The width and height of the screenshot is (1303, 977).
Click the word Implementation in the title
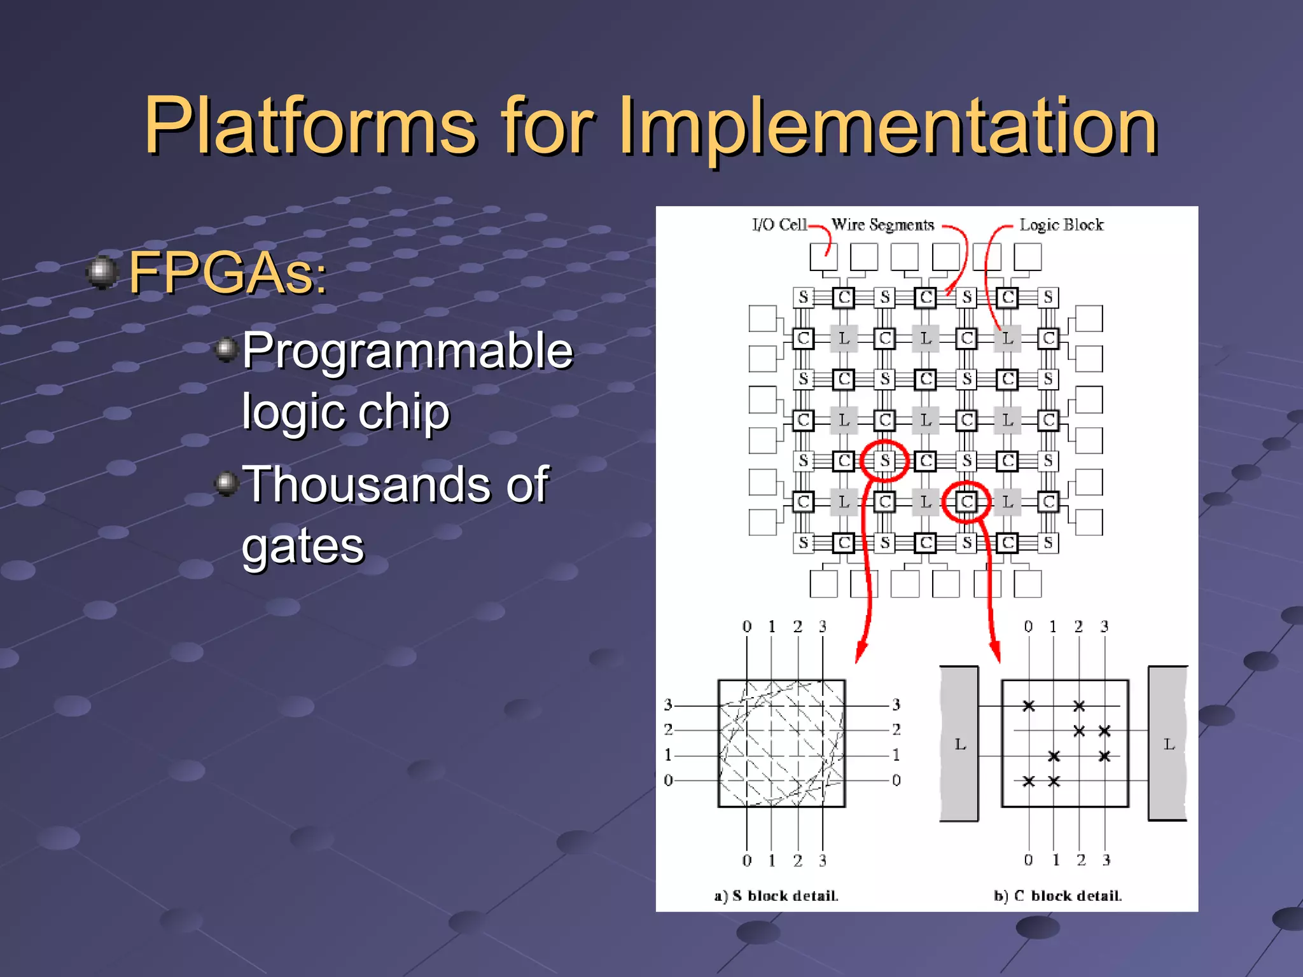pyautogui.click(x=888, y=125)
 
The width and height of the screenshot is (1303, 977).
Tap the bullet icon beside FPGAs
pyautogui.click(x=102, y=272)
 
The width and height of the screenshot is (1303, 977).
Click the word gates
pyautogui.click(x=303, y=545)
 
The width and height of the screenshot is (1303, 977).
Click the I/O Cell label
pyautogui.click(x=779, y=225)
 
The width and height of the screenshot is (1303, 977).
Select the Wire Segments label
pyautogui.click(x=882, y=225)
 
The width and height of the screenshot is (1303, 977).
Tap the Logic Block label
pyautogui.click(x=1061, y=225)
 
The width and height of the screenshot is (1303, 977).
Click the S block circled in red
pyautogui.click(x=884, y=460)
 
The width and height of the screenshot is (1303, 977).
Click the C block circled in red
pyautogui.click(x=966, y=502)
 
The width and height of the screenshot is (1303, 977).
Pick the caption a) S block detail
pyautogui.click(x=776, y=896)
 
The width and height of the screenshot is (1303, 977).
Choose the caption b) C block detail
pyautogui.click(x=1057, y=896)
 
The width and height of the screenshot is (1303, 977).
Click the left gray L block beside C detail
pyautogui.click(x=959, y=744)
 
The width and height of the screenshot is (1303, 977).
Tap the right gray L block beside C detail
pyautogui.click(x=1168, y=744)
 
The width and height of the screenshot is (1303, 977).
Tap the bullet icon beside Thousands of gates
pyautogui.click(x=226, y=483)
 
